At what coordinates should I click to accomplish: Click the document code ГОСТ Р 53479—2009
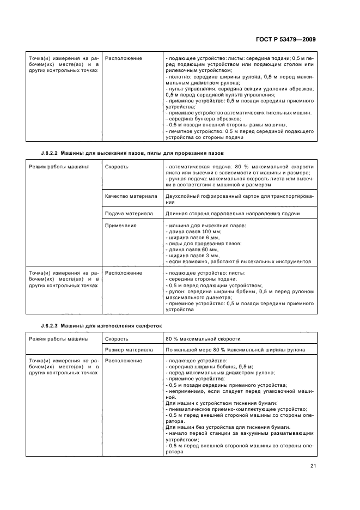click(285, 39)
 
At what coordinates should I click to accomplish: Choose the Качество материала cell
click(131, 196)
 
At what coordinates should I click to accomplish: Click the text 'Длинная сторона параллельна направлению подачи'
click(233, 214)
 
